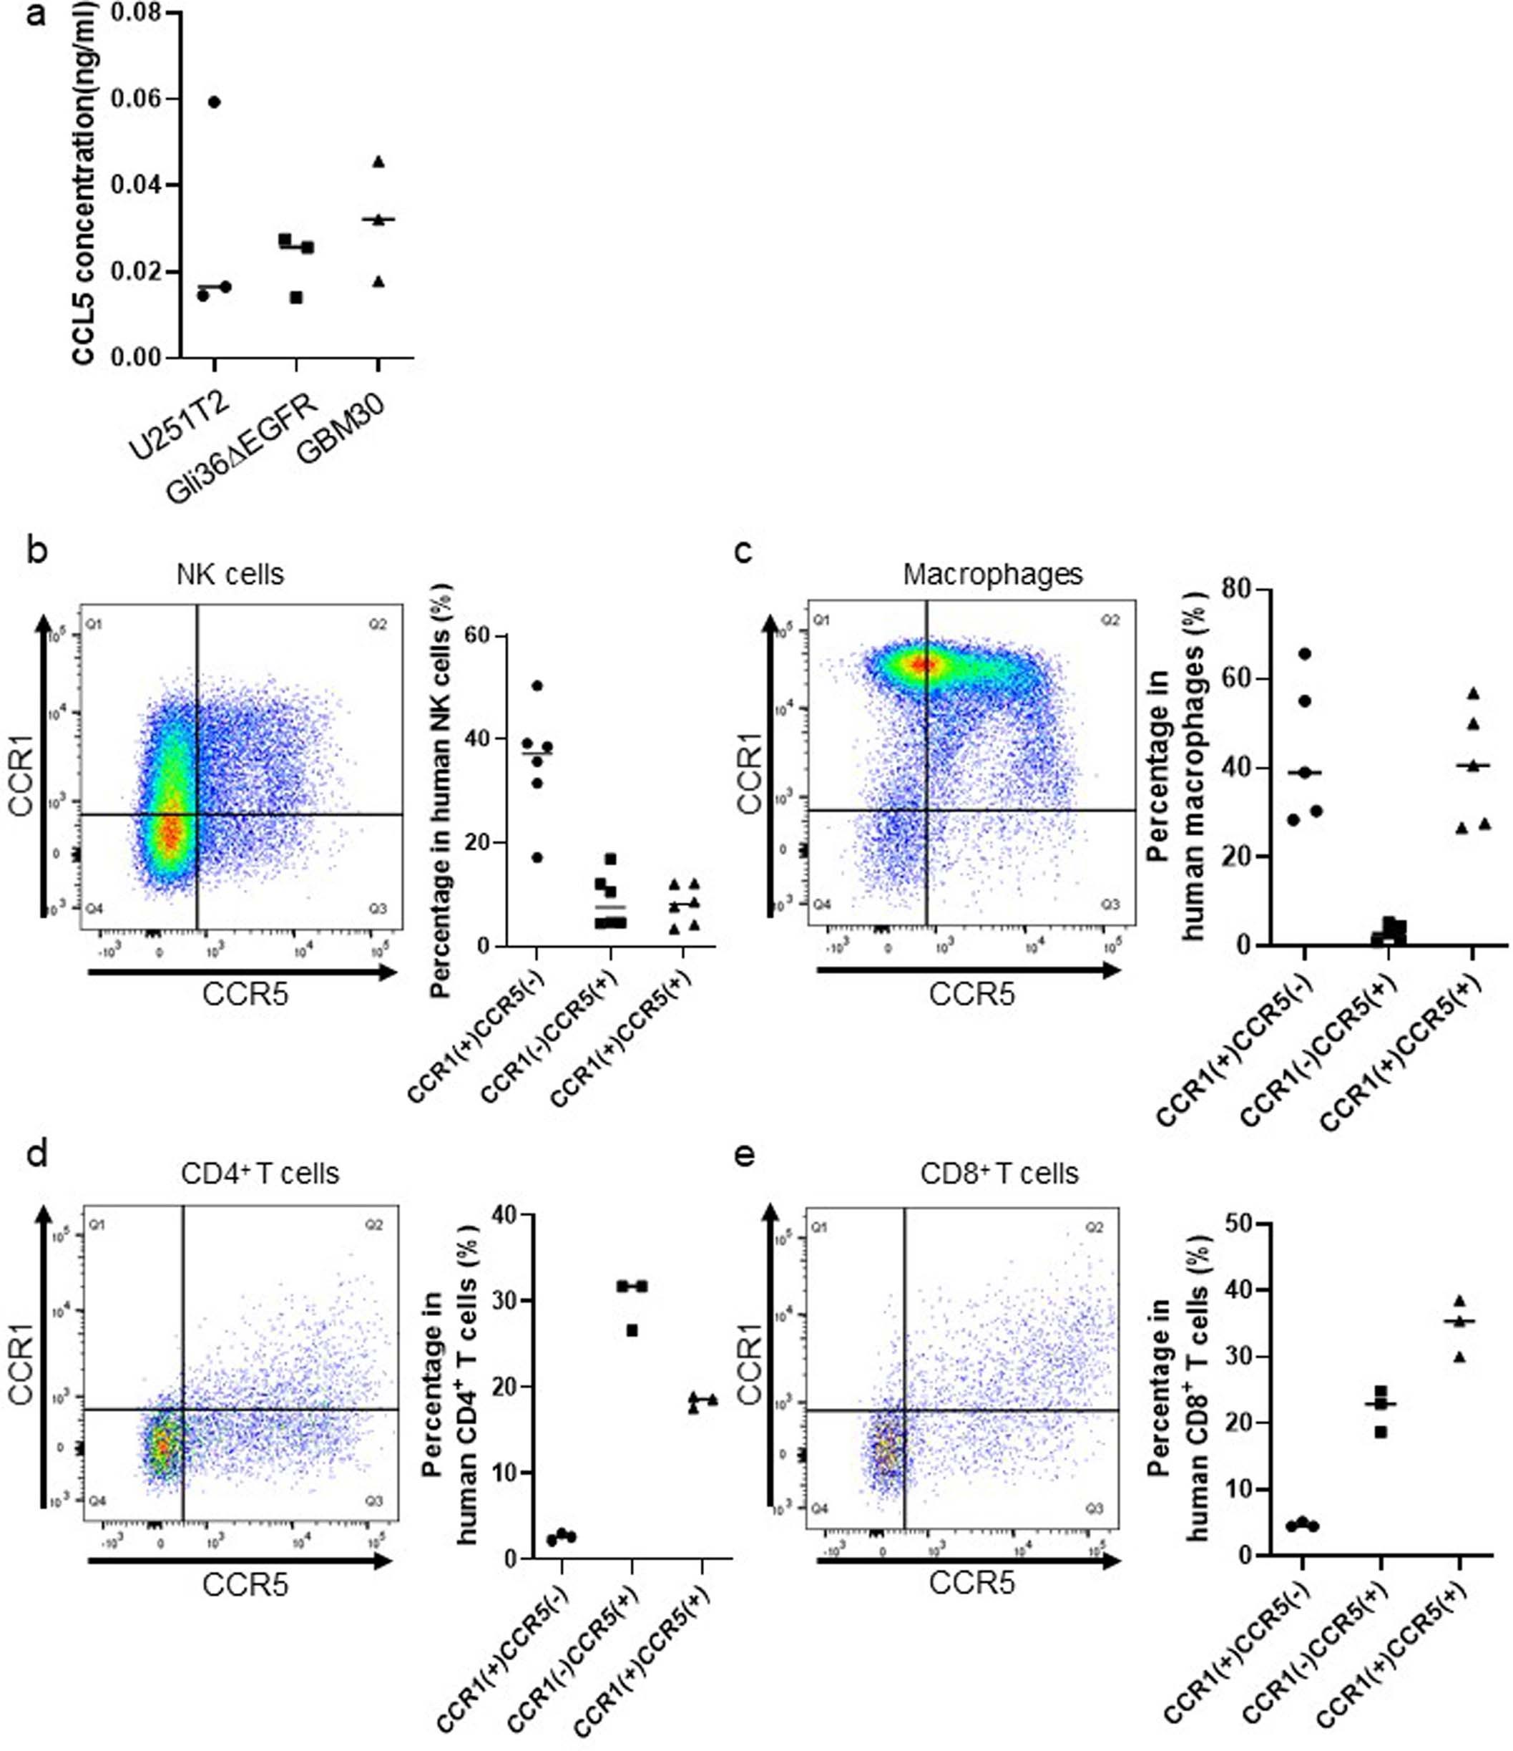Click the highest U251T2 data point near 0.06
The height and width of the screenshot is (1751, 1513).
point(214,102)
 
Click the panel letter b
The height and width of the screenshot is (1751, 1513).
point(37,551)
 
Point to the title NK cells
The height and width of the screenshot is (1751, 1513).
point(230,575)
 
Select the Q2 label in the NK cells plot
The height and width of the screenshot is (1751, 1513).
point(377,625)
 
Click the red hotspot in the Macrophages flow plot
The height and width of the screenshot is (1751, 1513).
point(924,664)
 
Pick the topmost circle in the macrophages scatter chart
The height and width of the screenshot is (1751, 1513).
point(1304,653)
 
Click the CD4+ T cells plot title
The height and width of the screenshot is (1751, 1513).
point(260,1174)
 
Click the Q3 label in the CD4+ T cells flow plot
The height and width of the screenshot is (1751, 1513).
point(373,1500)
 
